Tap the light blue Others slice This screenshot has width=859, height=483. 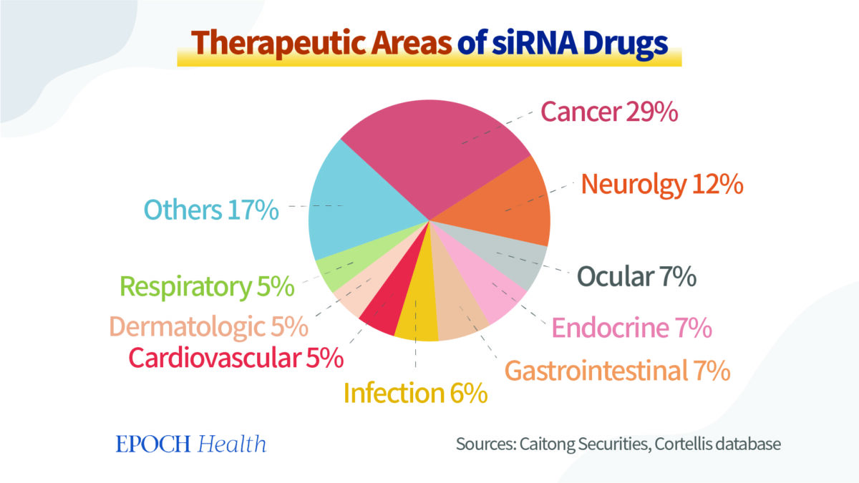coord(358,208)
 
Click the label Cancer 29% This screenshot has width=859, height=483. coord(609,112)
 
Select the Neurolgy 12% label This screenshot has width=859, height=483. coord(662,185)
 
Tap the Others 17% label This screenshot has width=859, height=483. coord(211,210)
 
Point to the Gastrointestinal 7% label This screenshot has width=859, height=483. coord(617,371)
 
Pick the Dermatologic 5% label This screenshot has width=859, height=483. coord(208,327)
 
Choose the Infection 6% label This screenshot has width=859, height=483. coord(416,393)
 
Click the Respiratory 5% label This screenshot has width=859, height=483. coord(207,286)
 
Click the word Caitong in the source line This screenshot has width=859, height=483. coord(544,444)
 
